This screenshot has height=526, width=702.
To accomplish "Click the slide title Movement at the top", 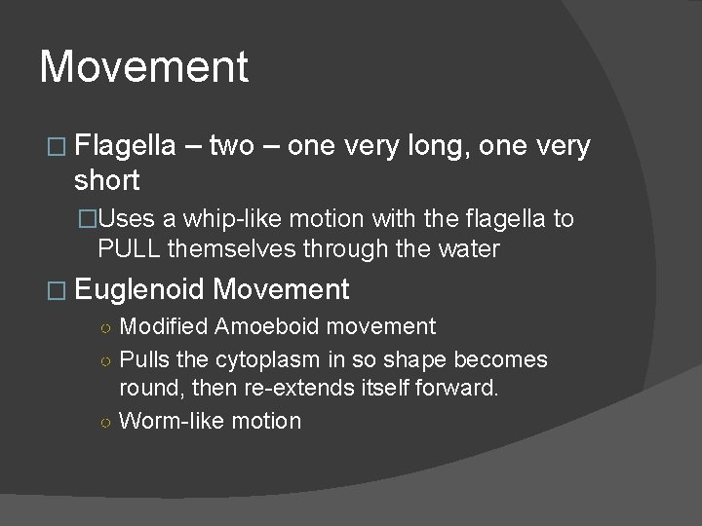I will (x=144, y=67).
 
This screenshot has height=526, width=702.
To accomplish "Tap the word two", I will (x=231, y=147).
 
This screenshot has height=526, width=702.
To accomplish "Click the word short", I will (x=107, y=180).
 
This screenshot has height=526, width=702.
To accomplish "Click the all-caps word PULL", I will (x=130, y=248).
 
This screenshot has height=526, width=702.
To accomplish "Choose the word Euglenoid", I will (x=138, y=289).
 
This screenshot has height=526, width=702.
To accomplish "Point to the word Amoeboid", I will (x=255, y=326).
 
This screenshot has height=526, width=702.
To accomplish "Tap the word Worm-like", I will (x=168, y=421).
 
